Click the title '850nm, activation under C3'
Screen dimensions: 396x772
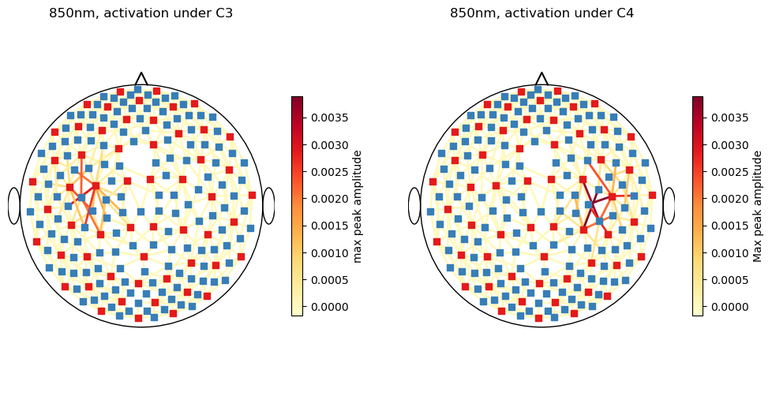pos(141,13)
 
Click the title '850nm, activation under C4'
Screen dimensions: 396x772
pos(542,13)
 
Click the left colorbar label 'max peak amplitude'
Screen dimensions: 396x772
pos(358,206)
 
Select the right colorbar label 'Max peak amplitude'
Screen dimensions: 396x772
pos(759,206)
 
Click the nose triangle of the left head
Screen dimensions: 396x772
pos(141,79)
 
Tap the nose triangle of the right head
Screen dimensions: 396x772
pos(542,79)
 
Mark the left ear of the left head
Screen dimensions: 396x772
pos(13,206)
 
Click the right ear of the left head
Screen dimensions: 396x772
pos(268,206)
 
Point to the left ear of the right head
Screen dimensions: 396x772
pos(414,206)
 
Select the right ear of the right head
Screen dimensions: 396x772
pos(669,206)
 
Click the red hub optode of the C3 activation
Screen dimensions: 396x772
pos(96,186)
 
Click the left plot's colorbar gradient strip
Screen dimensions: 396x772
pos(297,206)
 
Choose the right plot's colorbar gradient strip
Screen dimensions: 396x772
pos(698,206)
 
